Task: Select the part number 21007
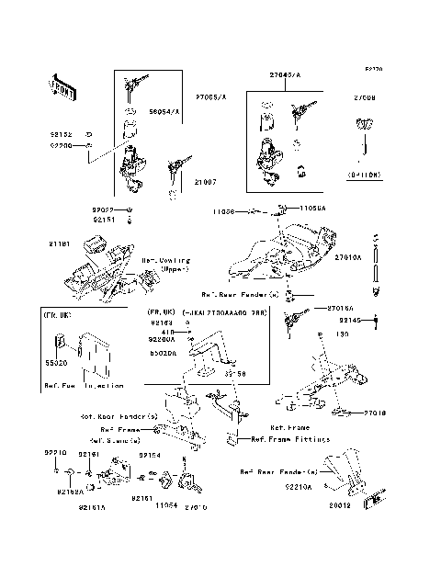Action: (205, 182)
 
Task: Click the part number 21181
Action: (60, 243)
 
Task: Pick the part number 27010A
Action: (347, 258)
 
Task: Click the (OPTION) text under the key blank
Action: (364, 173)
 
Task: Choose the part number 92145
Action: (352, 320)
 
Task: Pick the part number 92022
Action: (103, 209)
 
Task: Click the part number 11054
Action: (164, 505)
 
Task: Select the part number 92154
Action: (150, 455)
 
